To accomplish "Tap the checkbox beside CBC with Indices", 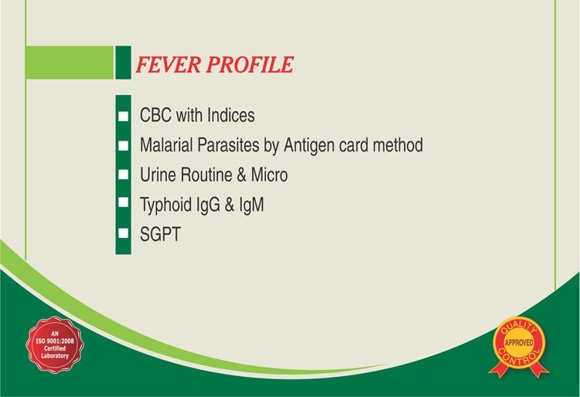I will (x=123, y=117).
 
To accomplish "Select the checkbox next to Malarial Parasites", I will (x=123, y=145).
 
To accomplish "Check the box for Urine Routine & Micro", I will (x=123, y=175).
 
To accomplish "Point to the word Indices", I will (x=231, y=116).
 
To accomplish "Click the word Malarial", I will (x=169, y=145).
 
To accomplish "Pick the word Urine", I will (x=159, y=175).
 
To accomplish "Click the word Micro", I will (x=268, y=175).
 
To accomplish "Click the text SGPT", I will (x=160, y=234).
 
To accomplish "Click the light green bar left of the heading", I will (x=70, y=62).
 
